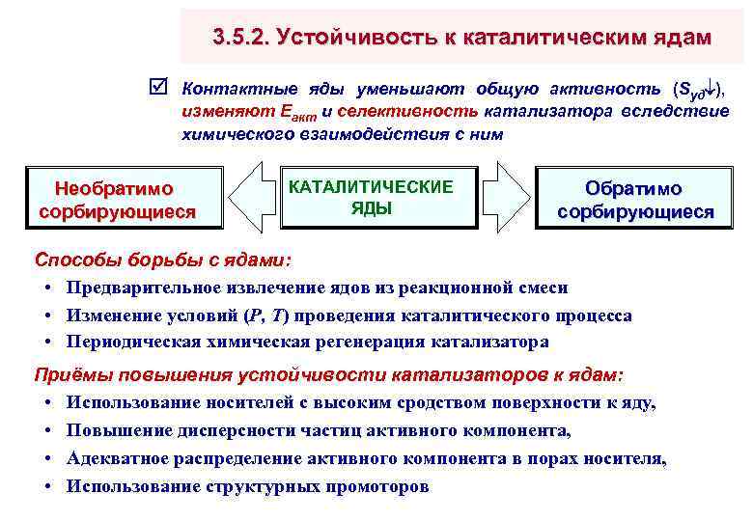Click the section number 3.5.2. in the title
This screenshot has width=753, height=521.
tap(238, 37)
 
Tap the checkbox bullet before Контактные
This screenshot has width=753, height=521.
tap(161, 90)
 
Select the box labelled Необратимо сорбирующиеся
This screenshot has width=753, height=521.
tap(116, 199)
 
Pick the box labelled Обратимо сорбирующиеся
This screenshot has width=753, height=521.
tap(635, 200)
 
